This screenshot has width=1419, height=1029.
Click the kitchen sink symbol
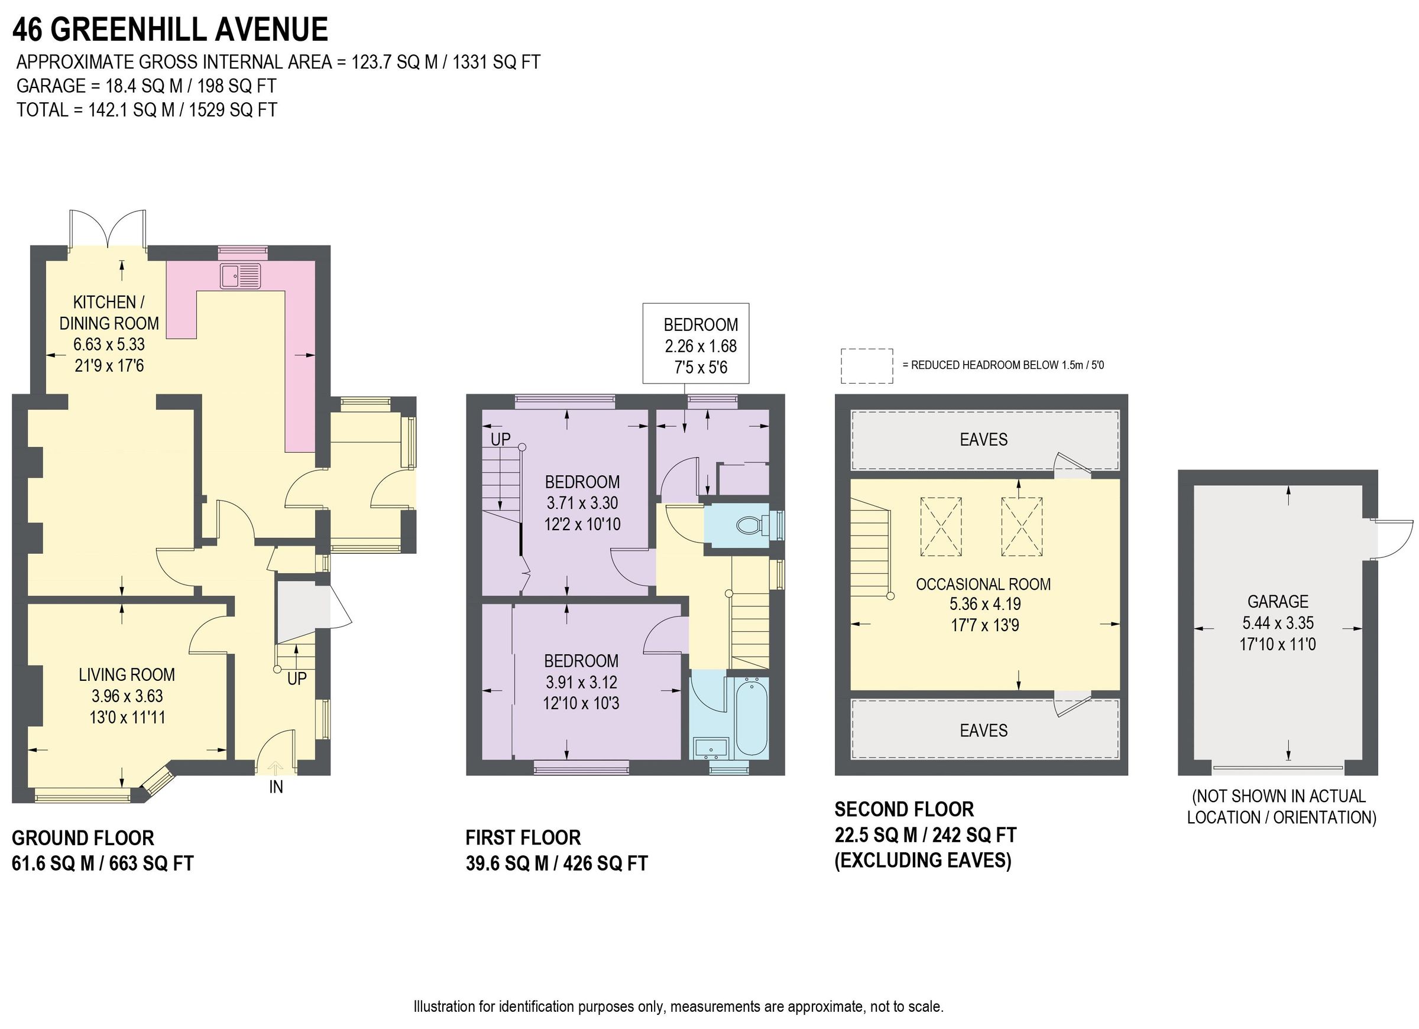tap(240, 275)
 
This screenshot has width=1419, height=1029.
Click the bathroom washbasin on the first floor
tap(711, 748)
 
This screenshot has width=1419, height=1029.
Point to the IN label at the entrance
tap(276, 787)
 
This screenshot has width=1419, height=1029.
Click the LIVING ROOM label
tap(127, 674)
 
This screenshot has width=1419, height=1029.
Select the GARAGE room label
tap(1278, 602)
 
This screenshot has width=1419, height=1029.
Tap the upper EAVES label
tap(983, 440)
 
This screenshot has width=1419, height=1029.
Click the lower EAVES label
tap(983, 731)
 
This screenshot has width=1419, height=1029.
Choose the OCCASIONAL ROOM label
tap(983, 585)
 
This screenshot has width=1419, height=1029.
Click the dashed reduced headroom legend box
tap(867, 366)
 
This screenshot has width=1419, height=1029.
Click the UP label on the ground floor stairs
tap(297, 679)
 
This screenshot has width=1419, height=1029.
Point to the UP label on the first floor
tap(500, 440)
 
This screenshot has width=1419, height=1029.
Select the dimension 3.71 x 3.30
tap(582, 503)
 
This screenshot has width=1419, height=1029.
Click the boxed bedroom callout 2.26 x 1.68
tap(696, 343)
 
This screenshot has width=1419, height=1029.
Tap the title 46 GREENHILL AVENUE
tap(170, 30)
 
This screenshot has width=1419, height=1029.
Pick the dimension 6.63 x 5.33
tap(109, 344)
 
